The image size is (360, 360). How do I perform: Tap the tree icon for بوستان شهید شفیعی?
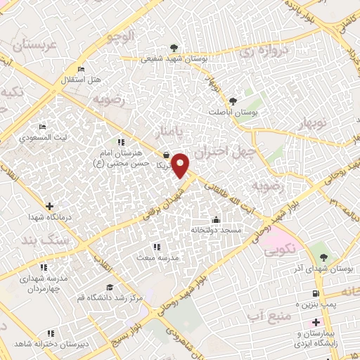154,51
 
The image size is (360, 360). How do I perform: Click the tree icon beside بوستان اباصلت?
233,101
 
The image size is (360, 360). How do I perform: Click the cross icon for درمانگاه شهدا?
49,206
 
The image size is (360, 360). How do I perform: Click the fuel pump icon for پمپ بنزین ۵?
315,293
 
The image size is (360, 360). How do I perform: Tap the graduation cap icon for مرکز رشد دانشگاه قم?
109,287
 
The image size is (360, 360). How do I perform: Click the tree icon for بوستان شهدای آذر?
323,257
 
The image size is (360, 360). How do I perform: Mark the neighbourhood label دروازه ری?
262,49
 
